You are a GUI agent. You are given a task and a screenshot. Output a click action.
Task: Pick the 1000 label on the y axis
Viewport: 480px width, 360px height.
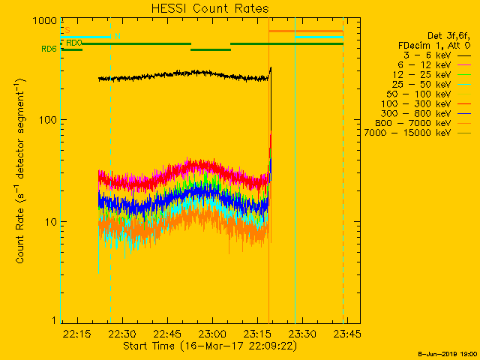pos(44,21)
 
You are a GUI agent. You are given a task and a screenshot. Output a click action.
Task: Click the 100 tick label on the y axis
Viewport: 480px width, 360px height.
pos(47,120)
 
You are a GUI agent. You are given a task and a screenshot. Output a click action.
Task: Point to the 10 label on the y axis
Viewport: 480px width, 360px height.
pos(50,222)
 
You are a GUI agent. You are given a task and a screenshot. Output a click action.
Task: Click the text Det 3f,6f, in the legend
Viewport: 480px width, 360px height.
pos(448,36)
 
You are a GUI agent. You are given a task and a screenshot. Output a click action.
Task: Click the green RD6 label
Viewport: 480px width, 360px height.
pos(49,49)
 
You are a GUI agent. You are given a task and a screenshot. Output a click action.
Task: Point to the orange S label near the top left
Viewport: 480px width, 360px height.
pos(67,31)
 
